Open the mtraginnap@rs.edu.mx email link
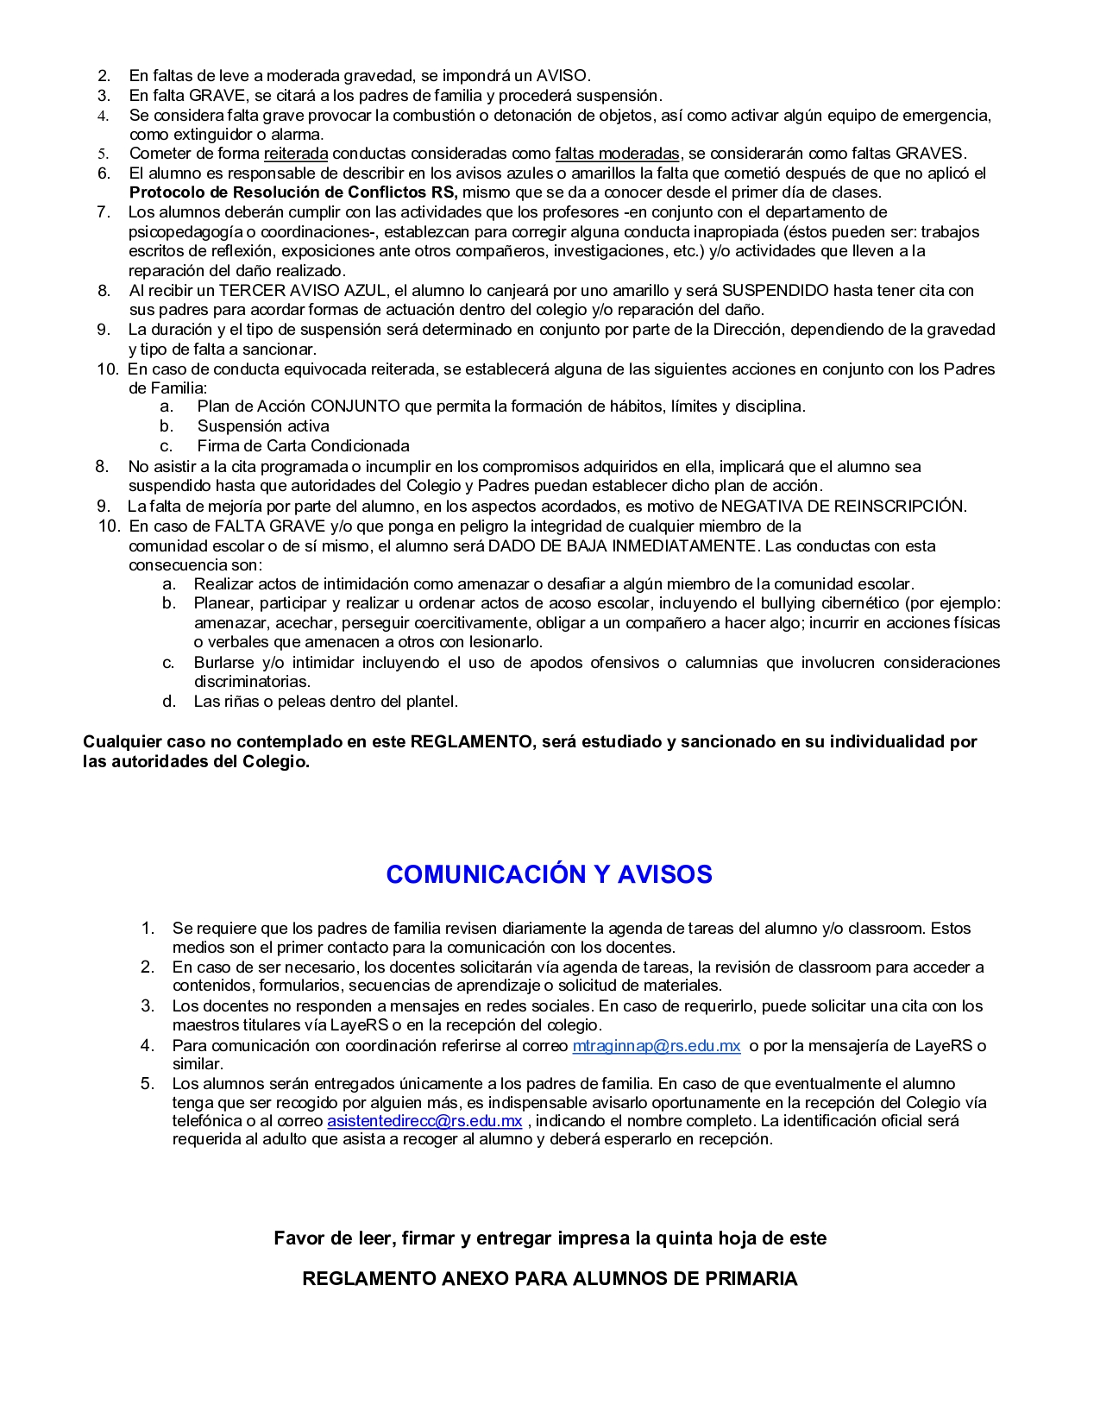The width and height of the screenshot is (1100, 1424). (656, 1046)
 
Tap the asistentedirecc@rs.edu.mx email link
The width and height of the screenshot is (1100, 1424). (424, 1121)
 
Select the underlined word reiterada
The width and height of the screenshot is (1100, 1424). (295, 154)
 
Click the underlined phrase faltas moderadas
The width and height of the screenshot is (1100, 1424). (617, 154)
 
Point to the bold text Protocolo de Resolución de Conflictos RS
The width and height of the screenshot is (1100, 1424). (292, 192)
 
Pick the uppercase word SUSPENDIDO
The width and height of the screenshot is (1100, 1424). (775, 291)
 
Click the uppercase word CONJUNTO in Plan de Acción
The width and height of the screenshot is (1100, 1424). (355, 406)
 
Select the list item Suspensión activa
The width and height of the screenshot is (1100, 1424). (263, 426)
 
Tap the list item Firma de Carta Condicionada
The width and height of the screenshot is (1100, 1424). (303, 446)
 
